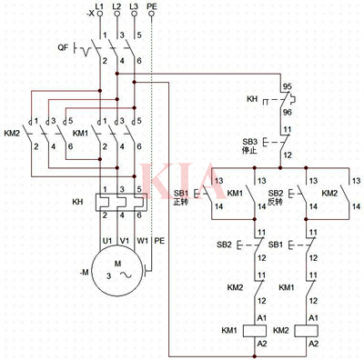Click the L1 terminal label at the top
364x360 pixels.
tap(100, 7)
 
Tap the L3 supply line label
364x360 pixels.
tap(135, 7)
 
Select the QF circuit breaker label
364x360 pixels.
tap(63, 45)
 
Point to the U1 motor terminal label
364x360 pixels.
tap(106, 241)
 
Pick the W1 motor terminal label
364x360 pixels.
tap(141, 241)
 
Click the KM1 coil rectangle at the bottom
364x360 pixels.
tap(260, 330)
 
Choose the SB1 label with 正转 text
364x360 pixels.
tap(179, 197)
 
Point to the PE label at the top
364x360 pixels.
tap(153, 7)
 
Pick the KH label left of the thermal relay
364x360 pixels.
tap(77, 201)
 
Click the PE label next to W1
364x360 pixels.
tap(159, 241)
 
